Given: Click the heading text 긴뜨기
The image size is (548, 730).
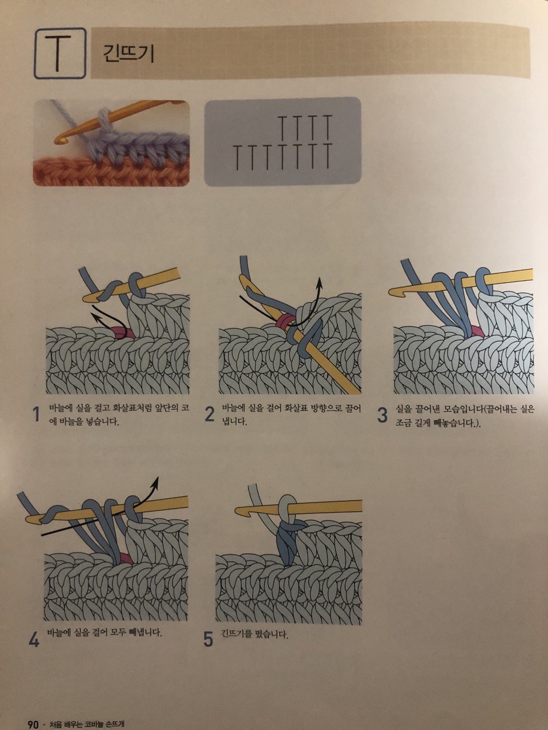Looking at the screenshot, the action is pyautogui.click(x=128, y=54).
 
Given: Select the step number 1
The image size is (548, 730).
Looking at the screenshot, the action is pyautogui.click(x=36, y=415).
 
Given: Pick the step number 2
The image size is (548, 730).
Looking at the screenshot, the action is pyautogui.click(x=209, y=415).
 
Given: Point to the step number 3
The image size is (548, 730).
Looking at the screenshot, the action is pyautogui.click(x=382, y=415).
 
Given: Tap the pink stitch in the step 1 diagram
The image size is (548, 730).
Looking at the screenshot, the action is pyautogui.click(x=121, y=331).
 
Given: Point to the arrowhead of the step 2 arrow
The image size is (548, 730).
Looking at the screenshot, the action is pyautogui.click(x=320, y=281).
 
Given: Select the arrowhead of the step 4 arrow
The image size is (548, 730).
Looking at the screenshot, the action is pyautogui.click(x=156, y=480).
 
